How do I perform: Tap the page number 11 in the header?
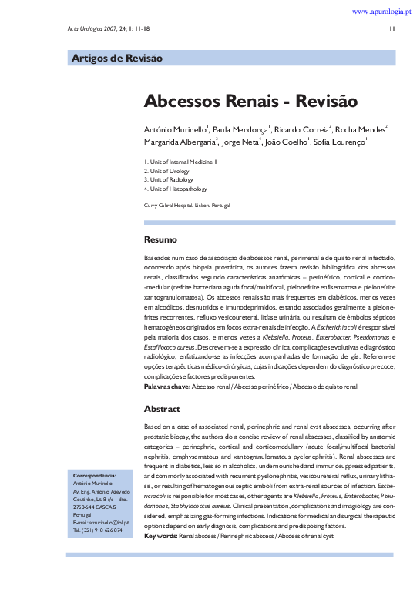(x=392, y=30)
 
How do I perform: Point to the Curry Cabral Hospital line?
(x=187, y=205)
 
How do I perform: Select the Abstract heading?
(x=162, y=409)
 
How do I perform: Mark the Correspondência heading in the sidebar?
(x=94, y=475)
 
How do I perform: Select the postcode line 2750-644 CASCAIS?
(x=95, y=507)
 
